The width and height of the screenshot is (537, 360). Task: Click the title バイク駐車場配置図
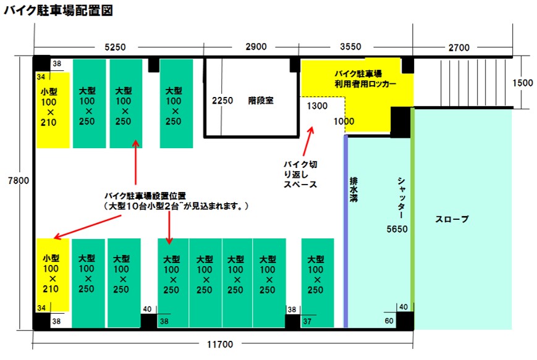58,11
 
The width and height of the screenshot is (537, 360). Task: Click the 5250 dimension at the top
115,47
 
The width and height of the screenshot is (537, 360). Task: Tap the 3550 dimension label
351,47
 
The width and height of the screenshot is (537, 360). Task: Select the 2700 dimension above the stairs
459,47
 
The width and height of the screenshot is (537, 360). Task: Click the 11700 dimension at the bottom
221,345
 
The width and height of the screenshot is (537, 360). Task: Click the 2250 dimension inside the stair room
222,100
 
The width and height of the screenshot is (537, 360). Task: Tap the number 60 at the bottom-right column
389,320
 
